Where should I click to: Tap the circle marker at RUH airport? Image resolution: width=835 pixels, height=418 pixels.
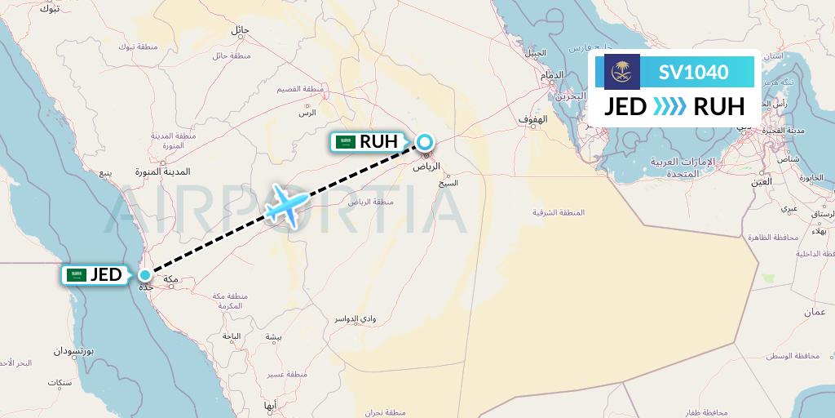[x=425, y=142]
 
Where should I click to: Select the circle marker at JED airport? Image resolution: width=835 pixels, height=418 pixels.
[x=144, y=274]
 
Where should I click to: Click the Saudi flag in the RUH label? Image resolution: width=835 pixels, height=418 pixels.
[x=347, y=142]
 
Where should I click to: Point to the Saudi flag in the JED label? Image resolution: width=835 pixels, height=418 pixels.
[x=78, y=275]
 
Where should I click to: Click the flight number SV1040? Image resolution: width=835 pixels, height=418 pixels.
[x=693, y=72]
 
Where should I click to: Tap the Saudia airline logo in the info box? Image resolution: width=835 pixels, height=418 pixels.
[x=622, y=72]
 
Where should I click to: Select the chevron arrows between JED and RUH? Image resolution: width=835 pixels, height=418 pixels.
[x=669, y=106]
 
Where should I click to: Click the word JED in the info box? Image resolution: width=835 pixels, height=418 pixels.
[x=625, y=106]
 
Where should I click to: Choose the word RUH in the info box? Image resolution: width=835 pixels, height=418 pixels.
[x=718, y=106]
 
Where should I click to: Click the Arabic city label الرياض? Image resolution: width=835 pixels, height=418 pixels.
[x=427, y=166]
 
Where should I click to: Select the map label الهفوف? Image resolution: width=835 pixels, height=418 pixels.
[x=532, y=120]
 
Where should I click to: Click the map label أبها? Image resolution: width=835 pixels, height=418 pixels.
[x=271, y=405]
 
